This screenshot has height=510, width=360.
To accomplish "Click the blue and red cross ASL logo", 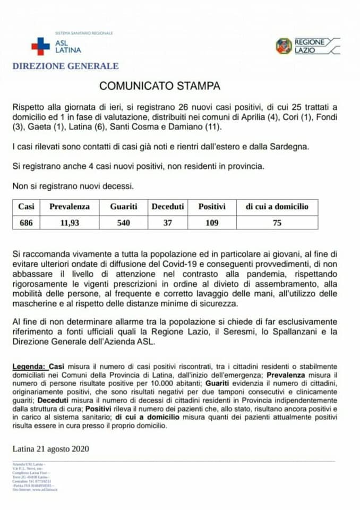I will [40, 46].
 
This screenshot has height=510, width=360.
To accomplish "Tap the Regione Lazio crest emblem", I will [284, 46].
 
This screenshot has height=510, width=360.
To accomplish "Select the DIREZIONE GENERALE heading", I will [65, 66].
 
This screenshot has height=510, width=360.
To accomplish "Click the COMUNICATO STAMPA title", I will [160, 86].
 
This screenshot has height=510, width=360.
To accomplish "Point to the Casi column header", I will [26, 207].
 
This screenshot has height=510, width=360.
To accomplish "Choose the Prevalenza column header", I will [70, 207].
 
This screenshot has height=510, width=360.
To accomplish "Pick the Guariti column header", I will [124, 207].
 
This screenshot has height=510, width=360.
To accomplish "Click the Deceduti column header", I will [168, 207].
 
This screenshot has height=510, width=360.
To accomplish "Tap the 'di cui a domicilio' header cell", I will [277, 207].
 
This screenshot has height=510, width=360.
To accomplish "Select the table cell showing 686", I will [26, 223].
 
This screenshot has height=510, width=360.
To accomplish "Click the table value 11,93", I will [70, 223].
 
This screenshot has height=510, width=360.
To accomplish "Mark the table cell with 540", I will [124, 223].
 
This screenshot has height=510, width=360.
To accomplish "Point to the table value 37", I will [168, 223].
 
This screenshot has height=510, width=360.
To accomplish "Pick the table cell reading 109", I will [212, 223].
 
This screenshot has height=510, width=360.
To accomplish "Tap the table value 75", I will [277, 223].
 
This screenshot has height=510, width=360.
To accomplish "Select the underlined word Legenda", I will [29, 367].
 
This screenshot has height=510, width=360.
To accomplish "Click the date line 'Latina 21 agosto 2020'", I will [50, 449].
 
